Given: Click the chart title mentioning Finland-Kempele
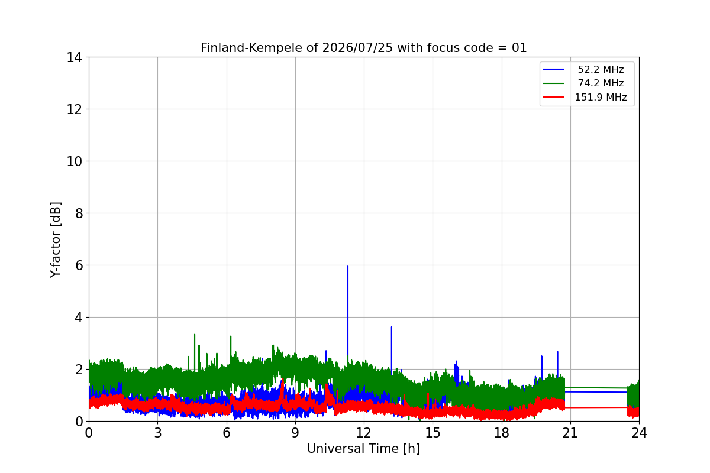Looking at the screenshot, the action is pos(363,48).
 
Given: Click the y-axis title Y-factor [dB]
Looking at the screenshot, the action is pos(56,239).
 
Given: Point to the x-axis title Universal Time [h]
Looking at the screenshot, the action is pos(363,449).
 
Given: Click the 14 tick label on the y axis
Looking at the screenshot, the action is pos(74,58).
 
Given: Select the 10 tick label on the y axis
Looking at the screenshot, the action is pos(74,161).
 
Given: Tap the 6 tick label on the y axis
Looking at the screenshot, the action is pos(78,265).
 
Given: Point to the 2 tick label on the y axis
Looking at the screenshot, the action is pos(78,370).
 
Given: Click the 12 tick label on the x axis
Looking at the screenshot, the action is pos(363,433).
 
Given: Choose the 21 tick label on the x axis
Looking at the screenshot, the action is pos(570,433).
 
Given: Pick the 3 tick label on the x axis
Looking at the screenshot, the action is pos(157,433).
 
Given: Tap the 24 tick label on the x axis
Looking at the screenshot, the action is pos(639,433).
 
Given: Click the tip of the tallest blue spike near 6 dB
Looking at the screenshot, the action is pos(348,266).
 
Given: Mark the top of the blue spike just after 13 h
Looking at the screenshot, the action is pos(392,327).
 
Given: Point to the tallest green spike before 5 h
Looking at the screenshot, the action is pos(195,335).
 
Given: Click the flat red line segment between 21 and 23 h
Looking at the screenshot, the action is pos(596,407).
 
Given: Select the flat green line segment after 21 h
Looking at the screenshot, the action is pos(596,388).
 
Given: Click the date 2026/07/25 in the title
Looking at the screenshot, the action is pos(357,48).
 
